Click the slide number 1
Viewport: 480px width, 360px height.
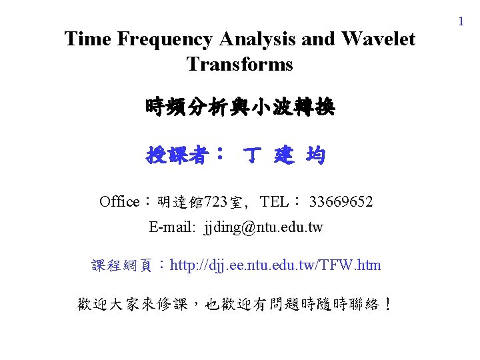pyautogui.click(x=460, y=22)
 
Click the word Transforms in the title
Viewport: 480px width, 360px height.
pyautogui.click(x=240, y=64)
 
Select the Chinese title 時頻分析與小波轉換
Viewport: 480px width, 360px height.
pyautogui.click(x=240, y=107)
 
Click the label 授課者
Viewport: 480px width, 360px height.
pyautogui.click(x=177, y=157)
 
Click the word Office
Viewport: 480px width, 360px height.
pyautogui.click(x=119, y=201)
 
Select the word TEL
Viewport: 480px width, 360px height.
pyautogui.click(x=274, y=201)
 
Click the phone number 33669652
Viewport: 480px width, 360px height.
pyautogui.click(x=341, y=201)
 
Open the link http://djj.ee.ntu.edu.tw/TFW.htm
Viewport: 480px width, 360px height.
pyautogui.click(x=276, y=265)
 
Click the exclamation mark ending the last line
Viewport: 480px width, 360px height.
pyautogui.click(x=388, y=305)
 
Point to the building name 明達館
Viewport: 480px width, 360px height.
pyautogui.click(x=181, y=201)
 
